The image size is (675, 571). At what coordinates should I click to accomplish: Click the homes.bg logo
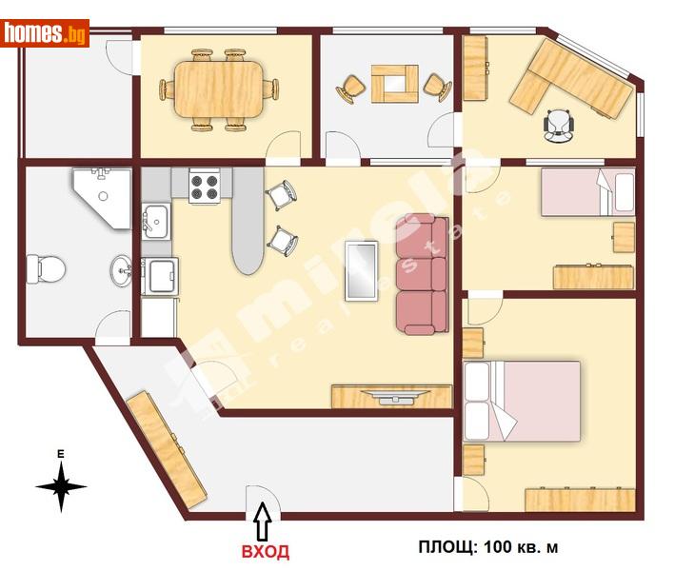pyautogui.click(x=45, y=33)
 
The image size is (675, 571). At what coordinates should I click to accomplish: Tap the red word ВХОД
pyautogui.click(x=264, y=551)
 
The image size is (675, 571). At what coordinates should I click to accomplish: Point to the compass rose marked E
pyautogui.click(x=61, y=485)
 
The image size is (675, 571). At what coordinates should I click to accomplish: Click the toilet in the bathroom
pyautogui.click(x=46, y=268)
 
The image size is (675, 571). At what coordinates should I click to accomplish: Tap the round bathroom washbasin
pyautogui.click(x=121, y=269)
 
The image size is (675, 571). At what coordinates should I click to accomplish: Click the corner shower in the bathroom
pyautogui.click(x=103, y=195)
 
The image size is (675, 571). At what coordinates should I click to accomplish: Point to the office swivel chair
pyautogui.click(x=560, y=124)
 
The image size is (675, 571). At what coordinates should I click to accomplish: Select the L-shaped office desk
pyautogui.click(x=573, y=82)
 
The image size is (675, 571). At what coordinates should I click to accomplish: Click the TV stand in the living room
pyautogui.click(x=390, y=397)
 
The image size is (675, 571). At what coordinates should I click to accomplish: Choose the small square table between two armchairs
pyautogui.click(x=394, y=83)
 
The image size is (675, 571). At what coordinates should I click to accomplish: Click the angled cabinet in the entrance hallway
pyautogui.click(x=167, y=448)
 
